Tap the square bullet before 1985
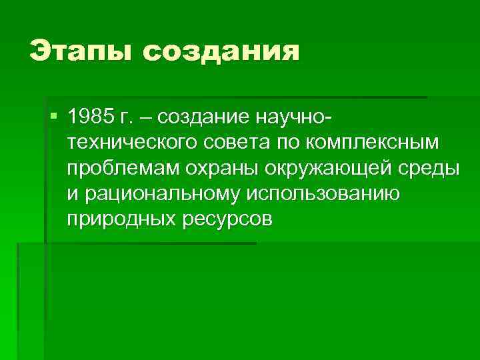click(54, 117)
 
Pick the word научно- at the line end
click(293, 119)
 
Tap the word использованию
click(323, 194)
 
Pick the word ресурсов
click(225, 219)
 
